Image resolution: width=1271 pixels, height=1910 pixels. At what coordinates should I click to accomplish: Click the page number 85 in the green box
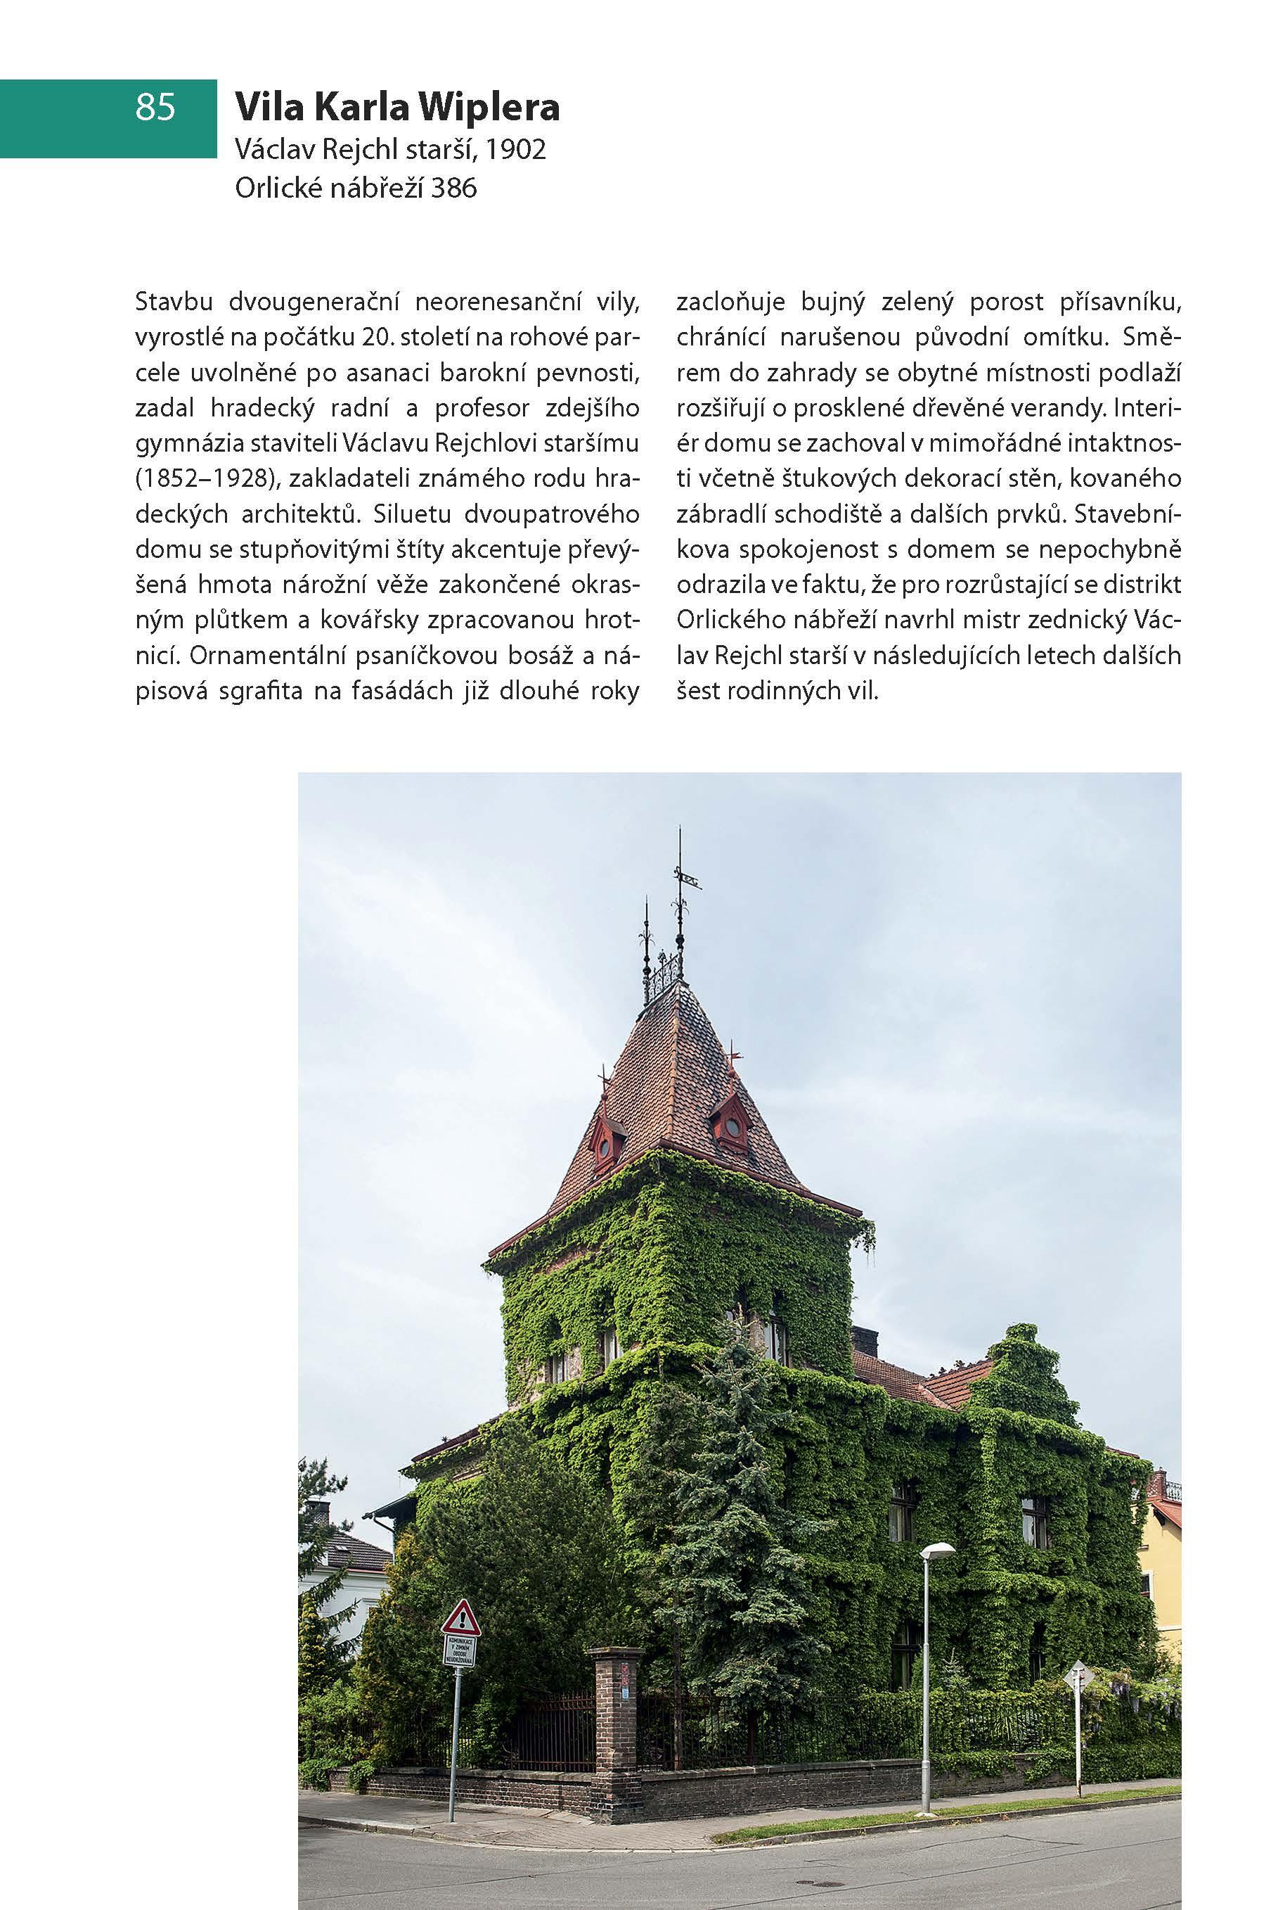(155, 107)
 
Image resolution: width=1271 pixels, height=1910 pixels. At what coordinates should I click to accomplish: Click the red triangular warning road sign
(460, 1617)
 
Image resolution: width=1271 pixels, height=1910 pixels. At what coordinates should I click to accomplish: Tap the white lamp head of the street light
(937, 1550)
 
